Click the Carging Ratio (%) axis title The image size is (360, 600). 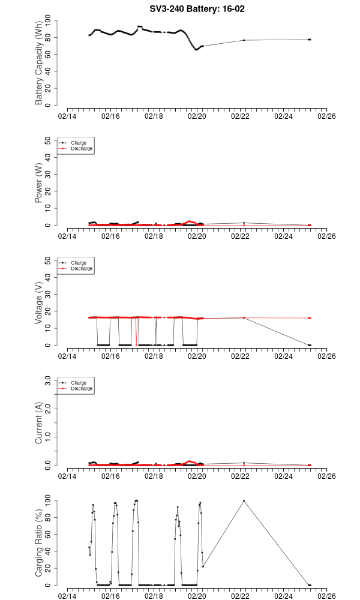click(39, 542)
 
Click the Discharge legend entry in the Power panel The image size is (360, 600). click(82, 148)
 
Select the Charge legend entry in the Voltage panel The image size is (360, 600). click(79, 263)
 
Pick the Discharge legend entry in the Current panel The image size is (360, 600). click(82, 388)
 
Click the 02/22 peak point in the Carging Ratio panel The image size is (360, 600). click(244, 500)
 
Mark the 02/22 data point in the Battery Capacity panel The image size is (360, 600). click(244, 40)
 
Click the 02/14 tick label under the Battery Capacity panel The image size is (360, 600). click(67, 117)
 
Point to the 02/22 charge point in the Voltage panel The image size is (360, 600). click(244, 318)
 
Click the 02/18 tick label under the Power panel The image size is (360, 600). click(154, 236)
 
